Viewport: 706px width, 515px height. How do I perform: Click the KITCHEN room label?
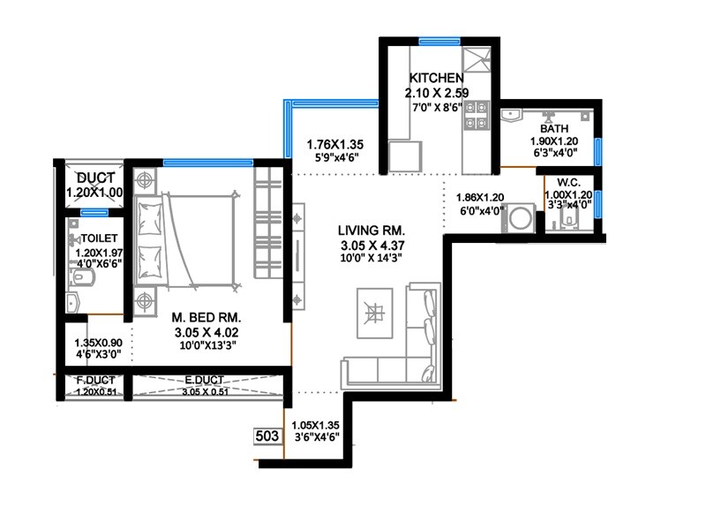pyautogui.click(x=431, y=79)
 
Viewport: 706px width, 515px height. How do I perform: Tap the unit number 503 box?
pyautogui.click(x=266, y=437)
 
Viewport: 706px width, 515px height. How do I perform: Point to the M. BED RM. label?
pyautogui.click(x=207, y=316)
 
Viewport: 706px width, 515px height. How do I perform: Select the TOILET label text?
pyautogui.click(x=99, y=239)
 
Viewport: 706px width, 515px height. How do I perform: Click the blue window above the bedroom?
pyautogui.click(x=207, y=163)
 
